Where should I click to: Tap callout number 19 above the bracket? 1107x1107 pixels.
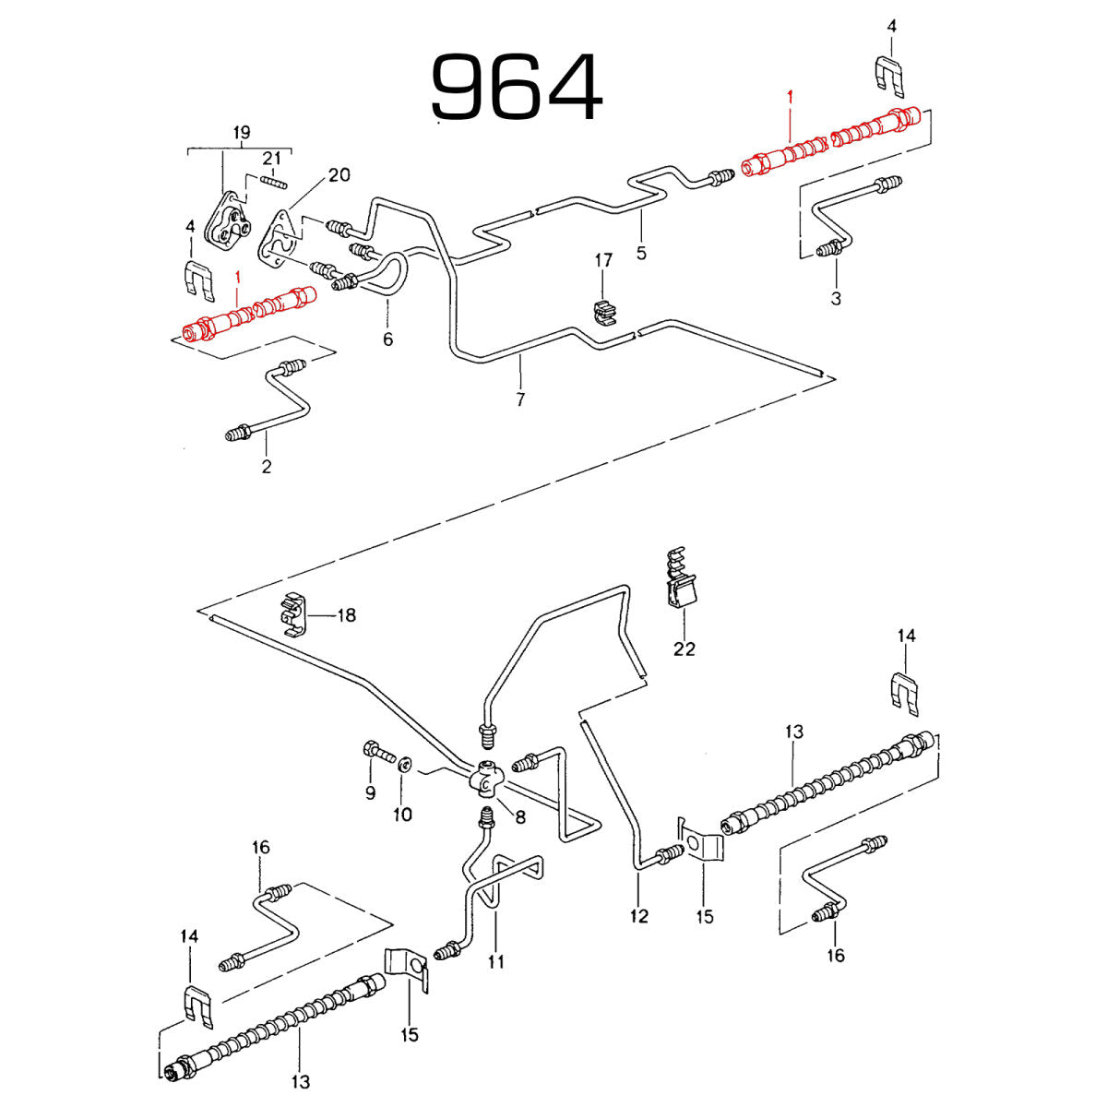click(242, 133)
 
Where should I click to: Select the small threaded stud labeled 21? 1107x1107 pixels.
click(273, 182)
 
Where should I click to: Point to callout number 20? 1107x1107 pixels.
click(339, 174)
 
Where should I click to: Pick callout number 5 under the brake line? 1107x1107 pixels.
click(641, 253)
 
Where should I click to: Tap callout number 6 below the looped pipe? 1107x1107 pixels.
click(387, 339)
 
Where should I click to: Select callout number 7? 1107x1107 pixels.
click(520, 399)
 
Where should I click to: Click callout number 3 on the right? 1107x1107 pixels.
click(836, 299)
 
